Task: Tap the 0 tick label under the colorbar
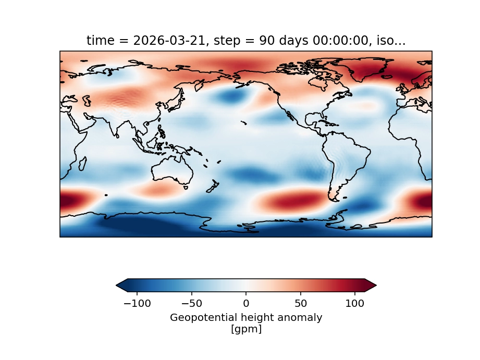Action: coord(246,302)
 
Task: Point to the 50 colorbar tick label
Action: coord(301,302)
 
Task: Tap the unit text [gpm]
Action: coord(246,329)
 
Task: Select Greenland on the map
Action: coord(375,70)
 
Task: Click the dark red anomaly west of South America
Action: coord(292,201)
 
